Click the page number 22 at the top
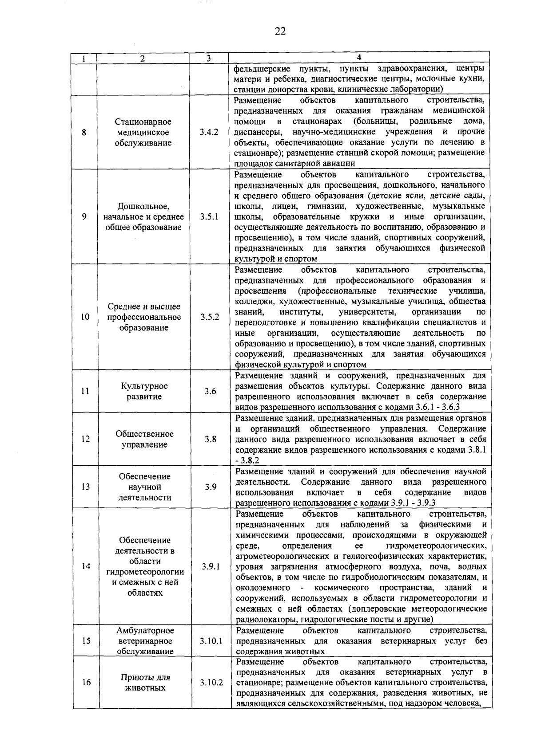[280, 31]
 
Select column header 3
[208, 58]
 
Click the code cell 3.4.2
[209, 132]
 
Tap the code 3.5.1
[209, 217]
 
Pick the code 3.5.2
[210, 317]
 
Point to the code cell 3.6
[210, 391]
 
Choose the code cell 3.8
[211, 439]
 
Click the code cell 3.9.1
[211, 566]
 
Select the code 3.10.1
[211, 641]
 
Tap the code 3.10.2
[211, 682]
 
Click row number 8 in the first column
[84, 132]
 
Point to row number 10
[85, 317]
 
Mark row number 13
[86, 487]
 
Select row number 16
[86, 682]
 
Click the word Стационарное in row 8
[143, 122]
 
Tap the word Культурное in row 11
[144, 386]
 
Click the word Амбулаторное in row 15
[145, 630]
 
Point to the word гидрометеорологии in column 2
[145, 572]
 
